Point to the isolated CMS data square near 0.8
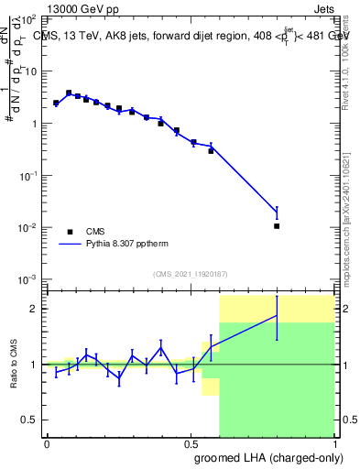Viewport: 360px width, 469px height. tap(277, 225)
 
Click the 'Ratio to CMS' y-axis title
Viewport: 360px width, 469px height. tap(13, 365)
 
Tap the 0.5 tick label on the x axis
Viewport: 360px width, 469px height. tap(191, 442)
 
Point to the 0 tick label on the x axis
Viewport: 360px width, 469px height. tap(47, 442)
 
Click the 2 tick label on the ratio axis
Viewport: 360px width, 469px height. tap(32, 309)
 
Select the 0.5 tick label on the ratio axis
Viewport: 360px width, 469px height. tap(28, 420)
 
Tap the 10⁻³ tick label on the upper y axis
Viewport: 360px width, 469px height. tap(27, 278)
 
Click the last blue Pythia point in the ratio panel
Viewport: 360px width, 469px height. tap(277, 315)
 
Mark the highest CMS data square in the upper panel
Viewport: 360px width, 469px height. tap(69, 93)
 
